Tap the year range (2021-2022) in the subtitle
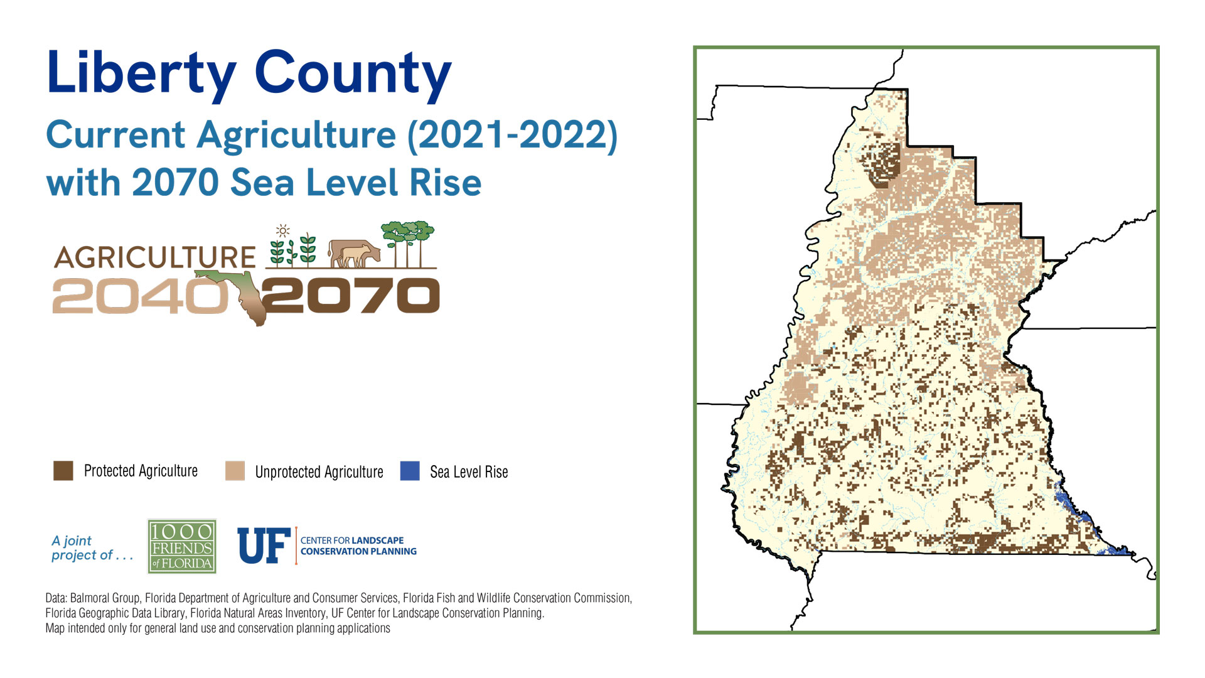pos(512,135)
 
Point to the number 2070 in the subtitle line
pos(175,183)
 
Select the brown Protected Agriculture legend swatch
pos(63,471)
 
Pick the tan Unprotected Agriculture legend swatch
pos(235,471)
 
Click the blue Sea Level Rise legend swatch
pos(410,471)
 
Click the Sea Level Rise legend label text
pos(469,472)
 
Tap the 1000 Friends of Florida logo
pos(182,546)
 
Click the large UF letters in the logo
pos(264,546)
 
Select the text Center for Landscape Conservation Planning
pos(358,546)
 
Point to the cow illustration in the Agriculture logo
pos(355,254)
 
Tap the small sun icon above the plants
pos(283,230)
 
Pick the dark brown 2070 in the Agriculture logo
pos(351,296)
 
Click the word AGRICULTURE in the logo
pos(154,257)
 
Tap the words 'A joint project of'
pos(92,548)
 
